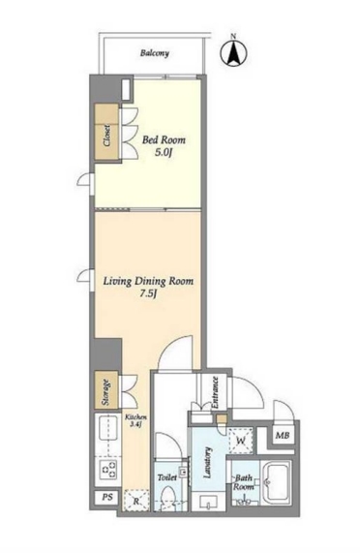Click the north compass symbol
click(x=233, y=53)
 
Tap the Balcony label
click(x=155, y=53)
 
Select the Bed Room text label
click(x=164, y=140)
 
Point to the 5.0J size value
click(x=164, y=153)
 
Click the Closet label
click(x=106, y=136)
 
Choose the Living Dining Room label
click(x=148, y=281)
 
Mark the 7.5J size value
click(x=148, y=294)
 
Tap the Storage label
click(x=106, y=392)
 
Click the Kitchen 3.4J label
click(x=136, y=420)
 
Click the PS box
click(x=107, y=497)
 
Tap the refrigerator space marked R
click(x=136, y=500)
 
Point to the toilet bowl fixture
click(x=167, y=497)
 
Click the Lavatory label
click(x=208, y=462)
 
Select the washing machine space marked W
click(x=241, y=441)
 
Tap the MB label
click(x=283, y=436)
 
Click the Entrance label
click(x=215, y=392)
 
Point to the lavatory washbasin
click(x=209, y=501)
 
